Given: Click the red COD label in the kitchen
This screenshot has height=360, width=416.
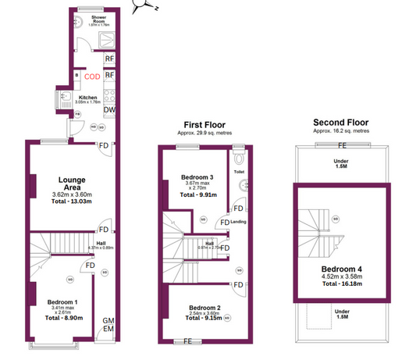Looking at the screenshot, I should point(92,76).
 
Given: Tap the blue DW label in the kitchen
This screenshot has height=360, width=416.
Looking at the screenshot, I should point(110,111).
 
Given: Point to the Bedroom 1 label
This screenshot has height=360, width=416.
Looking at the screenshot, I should point(62,301).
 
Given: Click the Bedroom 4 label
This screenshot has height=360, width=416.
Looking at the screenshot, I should point(341,267).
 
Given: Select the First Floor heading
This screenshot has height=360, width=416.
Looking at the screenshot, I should point(205,124).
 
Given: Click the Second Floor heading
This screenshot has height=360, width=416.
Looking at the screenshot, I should point(340,123).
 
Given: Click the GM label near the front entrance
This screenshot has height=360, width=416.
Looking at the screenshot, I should point(109,321).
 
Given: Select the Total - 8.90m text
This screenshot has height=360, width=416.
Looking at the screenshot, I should point(62,319).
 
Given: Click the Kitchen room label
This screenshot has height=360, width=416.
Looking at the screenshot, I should point(87,97).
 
